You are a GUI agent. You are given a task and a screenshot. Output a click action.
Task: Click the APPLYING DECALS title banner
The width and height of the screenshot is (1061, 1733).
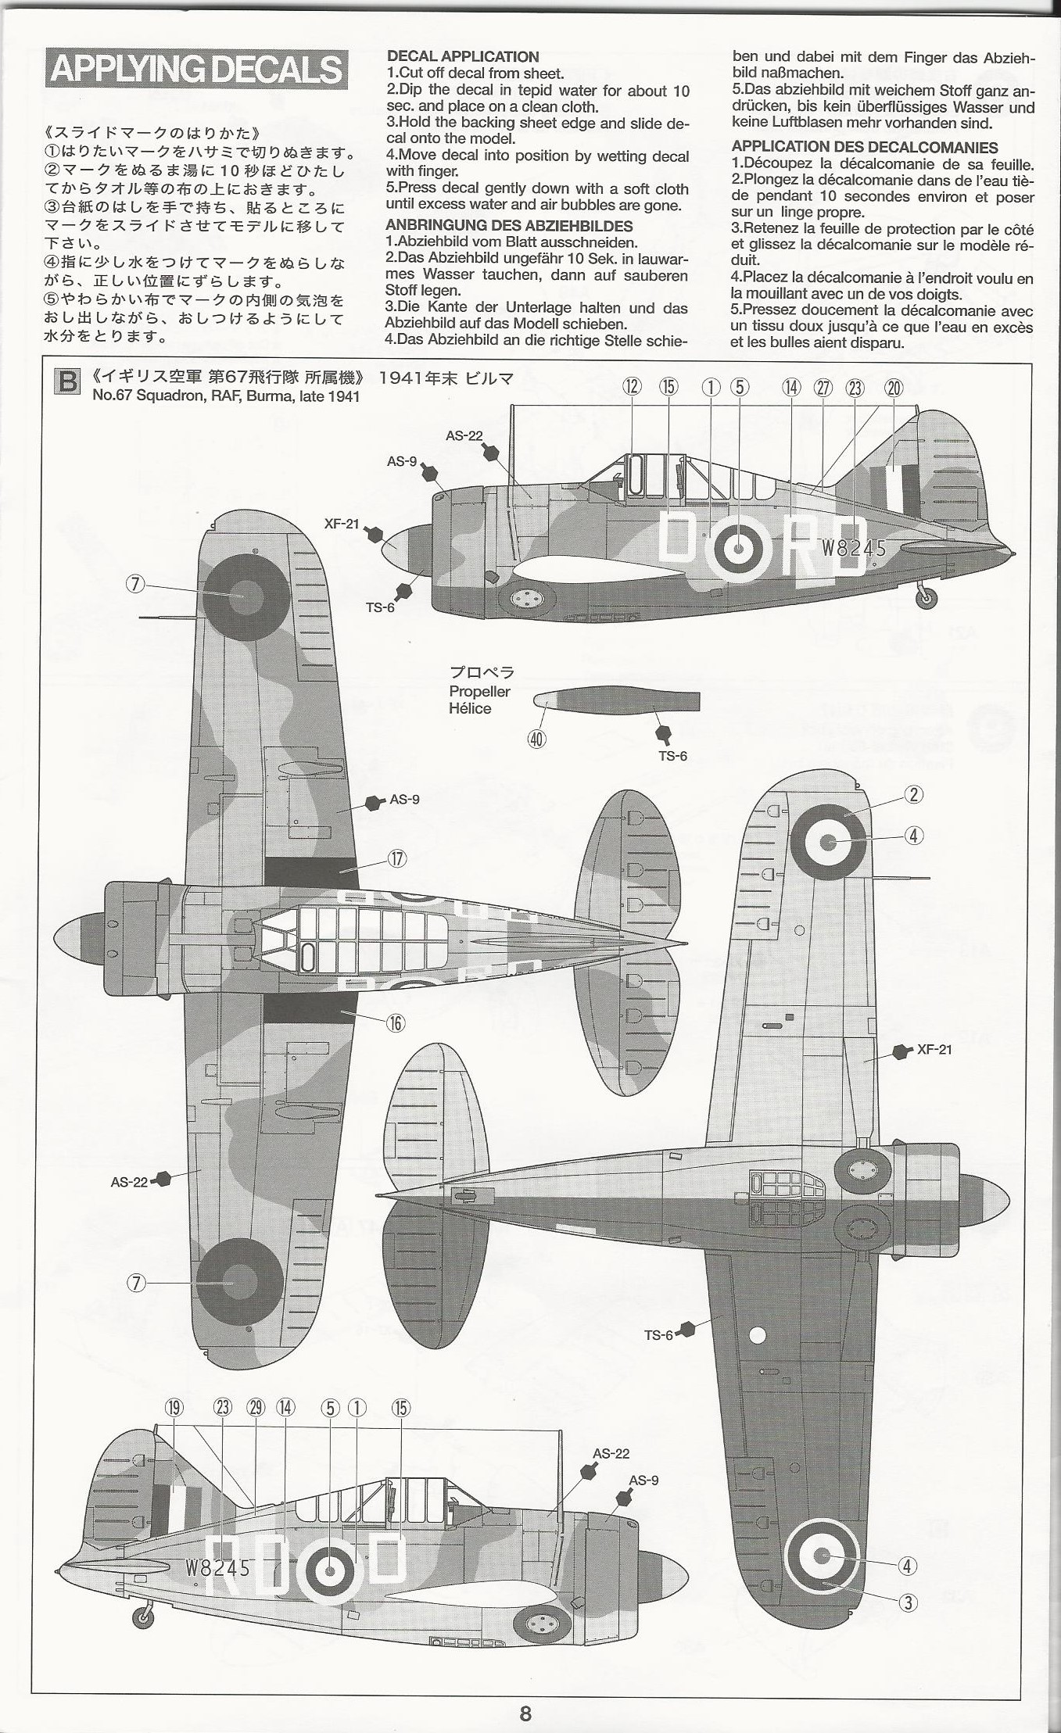coord(195,70)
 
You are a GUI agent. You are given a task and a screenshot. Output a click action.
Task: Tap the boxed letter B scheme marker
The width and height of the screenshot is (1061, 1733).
coord(67,381)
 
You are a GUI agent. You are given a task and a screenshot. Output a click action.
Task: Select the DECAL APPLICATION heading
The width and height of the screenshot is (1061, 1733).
coord(463,56)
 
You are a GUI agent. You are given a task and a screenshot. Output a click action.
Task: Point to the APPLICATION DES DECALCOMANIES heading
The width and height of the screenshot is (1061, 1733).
coord(865,147)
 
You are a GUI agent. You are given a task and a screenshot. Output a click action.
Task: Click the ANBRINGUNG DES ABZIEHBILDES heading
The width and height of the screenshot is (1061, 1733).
coord(509,226)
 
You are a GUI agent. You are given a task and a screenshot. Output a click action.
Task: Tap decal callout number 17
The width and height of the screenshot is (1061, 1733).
coord(396,859)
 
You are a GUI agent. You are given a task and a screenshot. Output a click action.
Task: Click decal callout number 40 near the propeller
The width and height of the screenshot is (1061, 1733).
coord(537,739)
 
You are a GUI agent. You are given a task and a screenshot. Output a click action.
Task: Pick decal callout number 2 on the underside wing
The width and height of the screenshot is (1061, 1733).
coord(913,795)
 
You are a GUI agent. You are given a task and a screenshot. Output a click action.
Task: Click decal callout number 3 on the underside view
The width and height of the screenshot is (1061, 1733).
coord(907,1602)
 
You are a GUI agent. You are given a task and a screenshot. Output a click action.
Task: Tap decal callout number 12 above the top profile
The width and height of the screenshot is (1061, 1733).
coord(632,387)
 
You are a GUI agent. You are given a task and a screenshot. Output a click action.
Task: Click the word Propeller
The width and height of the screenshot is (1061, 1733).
coord(479,691)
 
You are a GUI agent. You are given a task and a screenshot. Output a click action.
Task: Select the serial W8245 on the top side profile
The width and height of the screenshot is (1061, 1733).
coord(854,549)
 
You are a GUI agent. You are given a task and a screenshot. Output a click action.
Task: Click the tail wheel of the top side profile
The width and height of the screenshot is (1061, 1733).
coord(927,598)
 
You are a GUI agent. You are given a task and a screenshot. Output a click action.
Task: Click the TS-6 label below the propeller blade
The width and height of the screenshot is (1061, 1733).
coord(672,756)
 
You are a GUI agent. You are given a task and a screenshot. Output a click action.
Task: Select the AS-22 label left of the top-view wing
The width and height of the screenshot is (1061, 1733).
coord(129,1183)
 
